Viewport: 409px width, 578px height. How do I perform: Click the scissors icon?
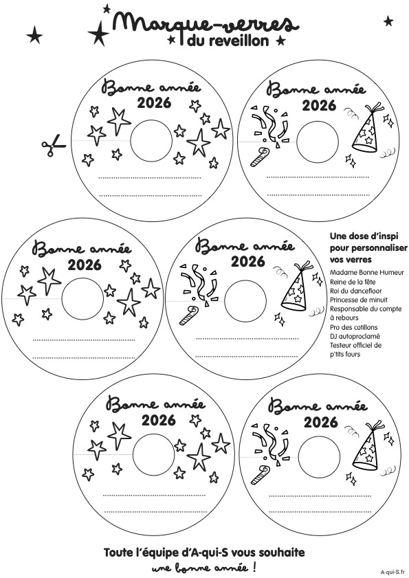(x=53, y=145)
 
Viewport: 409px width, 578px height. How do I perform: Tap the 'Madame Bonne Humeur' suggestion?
(x=367, y=273)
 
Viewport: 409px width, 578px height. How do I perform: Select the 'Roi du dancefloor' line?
(x=356, y=291)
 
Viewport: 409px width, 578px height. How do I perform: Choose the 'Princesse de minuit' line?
(x=358, y=300)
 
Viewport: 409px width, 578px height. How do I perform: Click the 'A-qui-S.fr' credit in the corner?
(x=393, y=572)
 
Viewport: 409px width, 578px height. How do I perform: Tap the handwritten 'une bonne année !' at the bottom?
(x=204, y=567)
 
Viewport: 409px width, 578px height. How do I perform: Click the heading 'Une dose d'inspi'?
(x=359, y=236)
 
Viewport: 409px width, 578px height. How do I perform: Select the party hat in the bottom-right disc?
(x=366, y=447)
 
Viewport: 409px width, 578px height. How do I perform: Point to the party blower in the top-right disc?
(x=260, y=157)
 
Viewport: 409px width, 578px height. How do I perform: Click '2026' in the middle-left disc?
(x=85, y=265)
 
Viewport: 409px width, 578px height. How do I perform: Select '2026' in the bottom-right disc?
(x=321, y=422)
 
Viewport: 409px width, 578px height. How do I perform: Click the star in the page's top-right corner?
(x=388, y=21)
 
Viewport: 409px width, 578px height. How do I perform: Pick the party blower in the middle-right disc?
(x=188, y=315)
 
